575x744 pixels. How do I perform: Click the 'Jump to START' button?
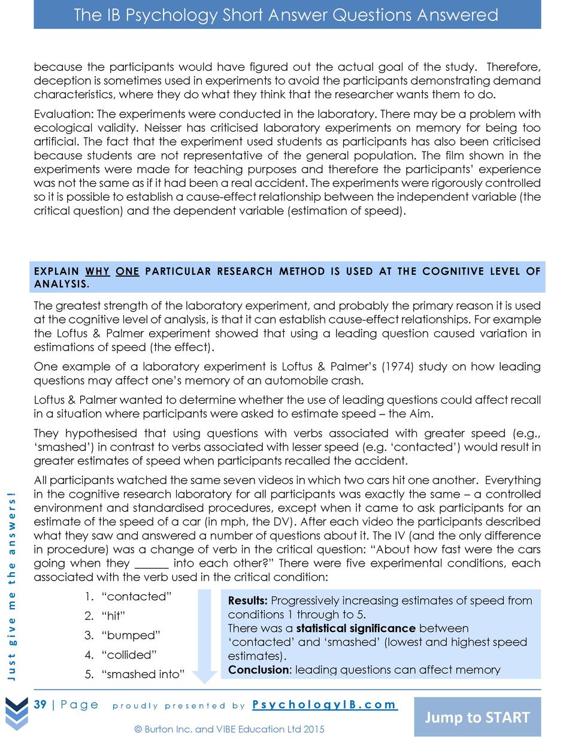point(477,717)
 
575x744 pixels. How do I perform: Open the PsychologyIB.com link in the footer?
point(324,704)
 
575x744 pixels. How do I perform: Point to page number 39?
point(40,704)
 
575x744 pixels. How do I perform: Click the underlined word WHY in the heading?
point(97,271)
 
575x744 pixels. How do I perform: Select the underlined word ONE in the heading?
point(127,271)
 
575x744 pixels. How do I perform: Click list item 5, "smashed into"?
point(143,674)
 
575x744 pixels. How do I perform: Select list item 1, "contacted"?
point(137,597)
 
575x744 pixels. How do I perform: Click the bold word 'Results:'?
point(247,600)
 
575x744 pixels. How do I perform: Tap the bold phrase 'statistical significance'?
point(356,628)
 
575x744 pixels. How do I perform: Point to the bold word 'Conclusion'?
point(258,670)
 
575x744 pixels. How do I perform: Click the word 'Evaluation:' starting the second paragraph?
point(63,114)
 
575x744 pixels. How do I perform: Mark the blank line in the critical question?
point(152,564)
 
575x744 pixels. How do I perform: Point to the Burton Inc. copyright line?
point(229,729)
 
